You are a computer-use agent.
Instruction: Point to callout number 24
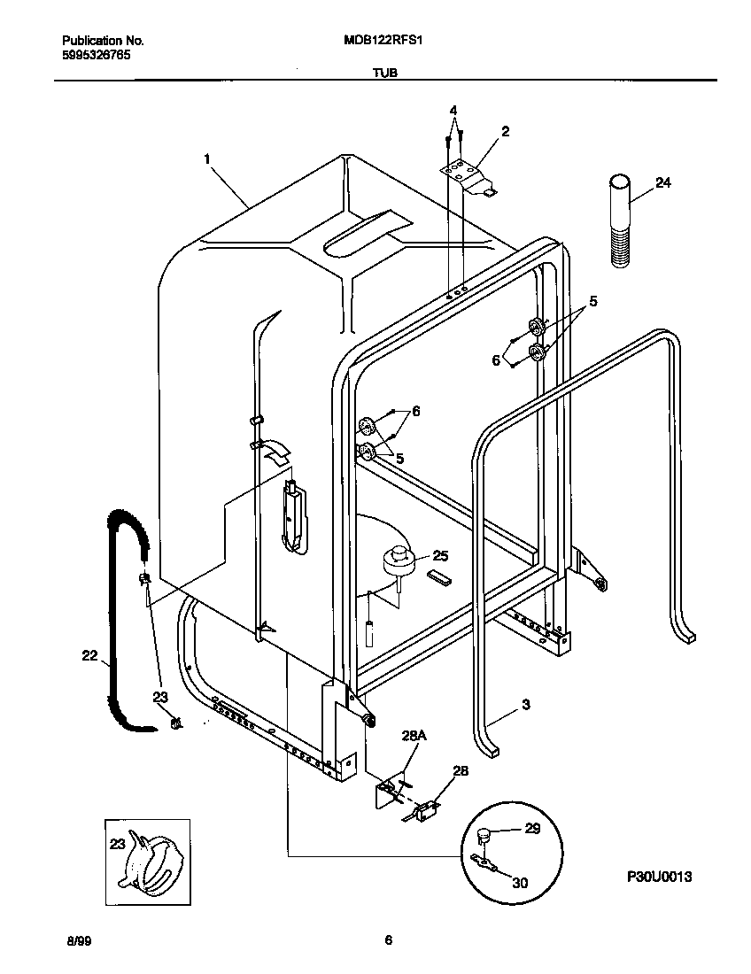click(x=662, y=183)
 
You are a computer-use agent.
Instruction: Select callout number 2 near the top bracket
click(x=505, y=132)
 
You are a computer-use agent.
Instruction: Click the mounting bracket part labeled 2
click(x=468, y=173)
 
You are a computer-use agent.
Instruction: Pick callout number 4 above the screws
click(x=453, y=111)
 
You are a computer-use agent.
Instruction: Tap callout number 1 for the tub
click(x=206, y=159)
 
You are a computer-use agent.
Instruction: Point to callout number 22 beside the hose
click(x=89, y=655)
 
